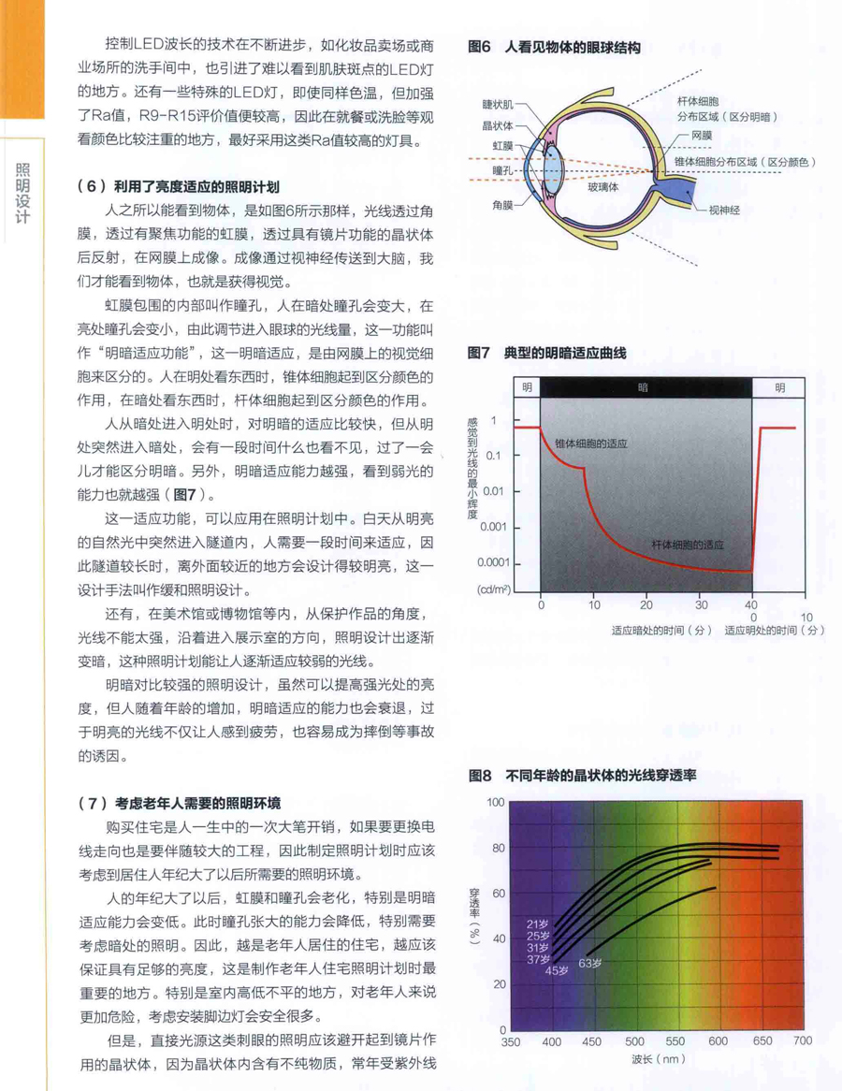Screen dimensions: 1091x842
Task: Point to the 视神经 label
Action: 723,211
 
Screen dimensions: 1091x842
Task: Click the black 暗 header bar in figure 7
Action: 645,386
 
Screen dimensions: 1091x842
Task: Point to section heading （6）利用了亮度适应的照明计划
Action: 179,186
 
